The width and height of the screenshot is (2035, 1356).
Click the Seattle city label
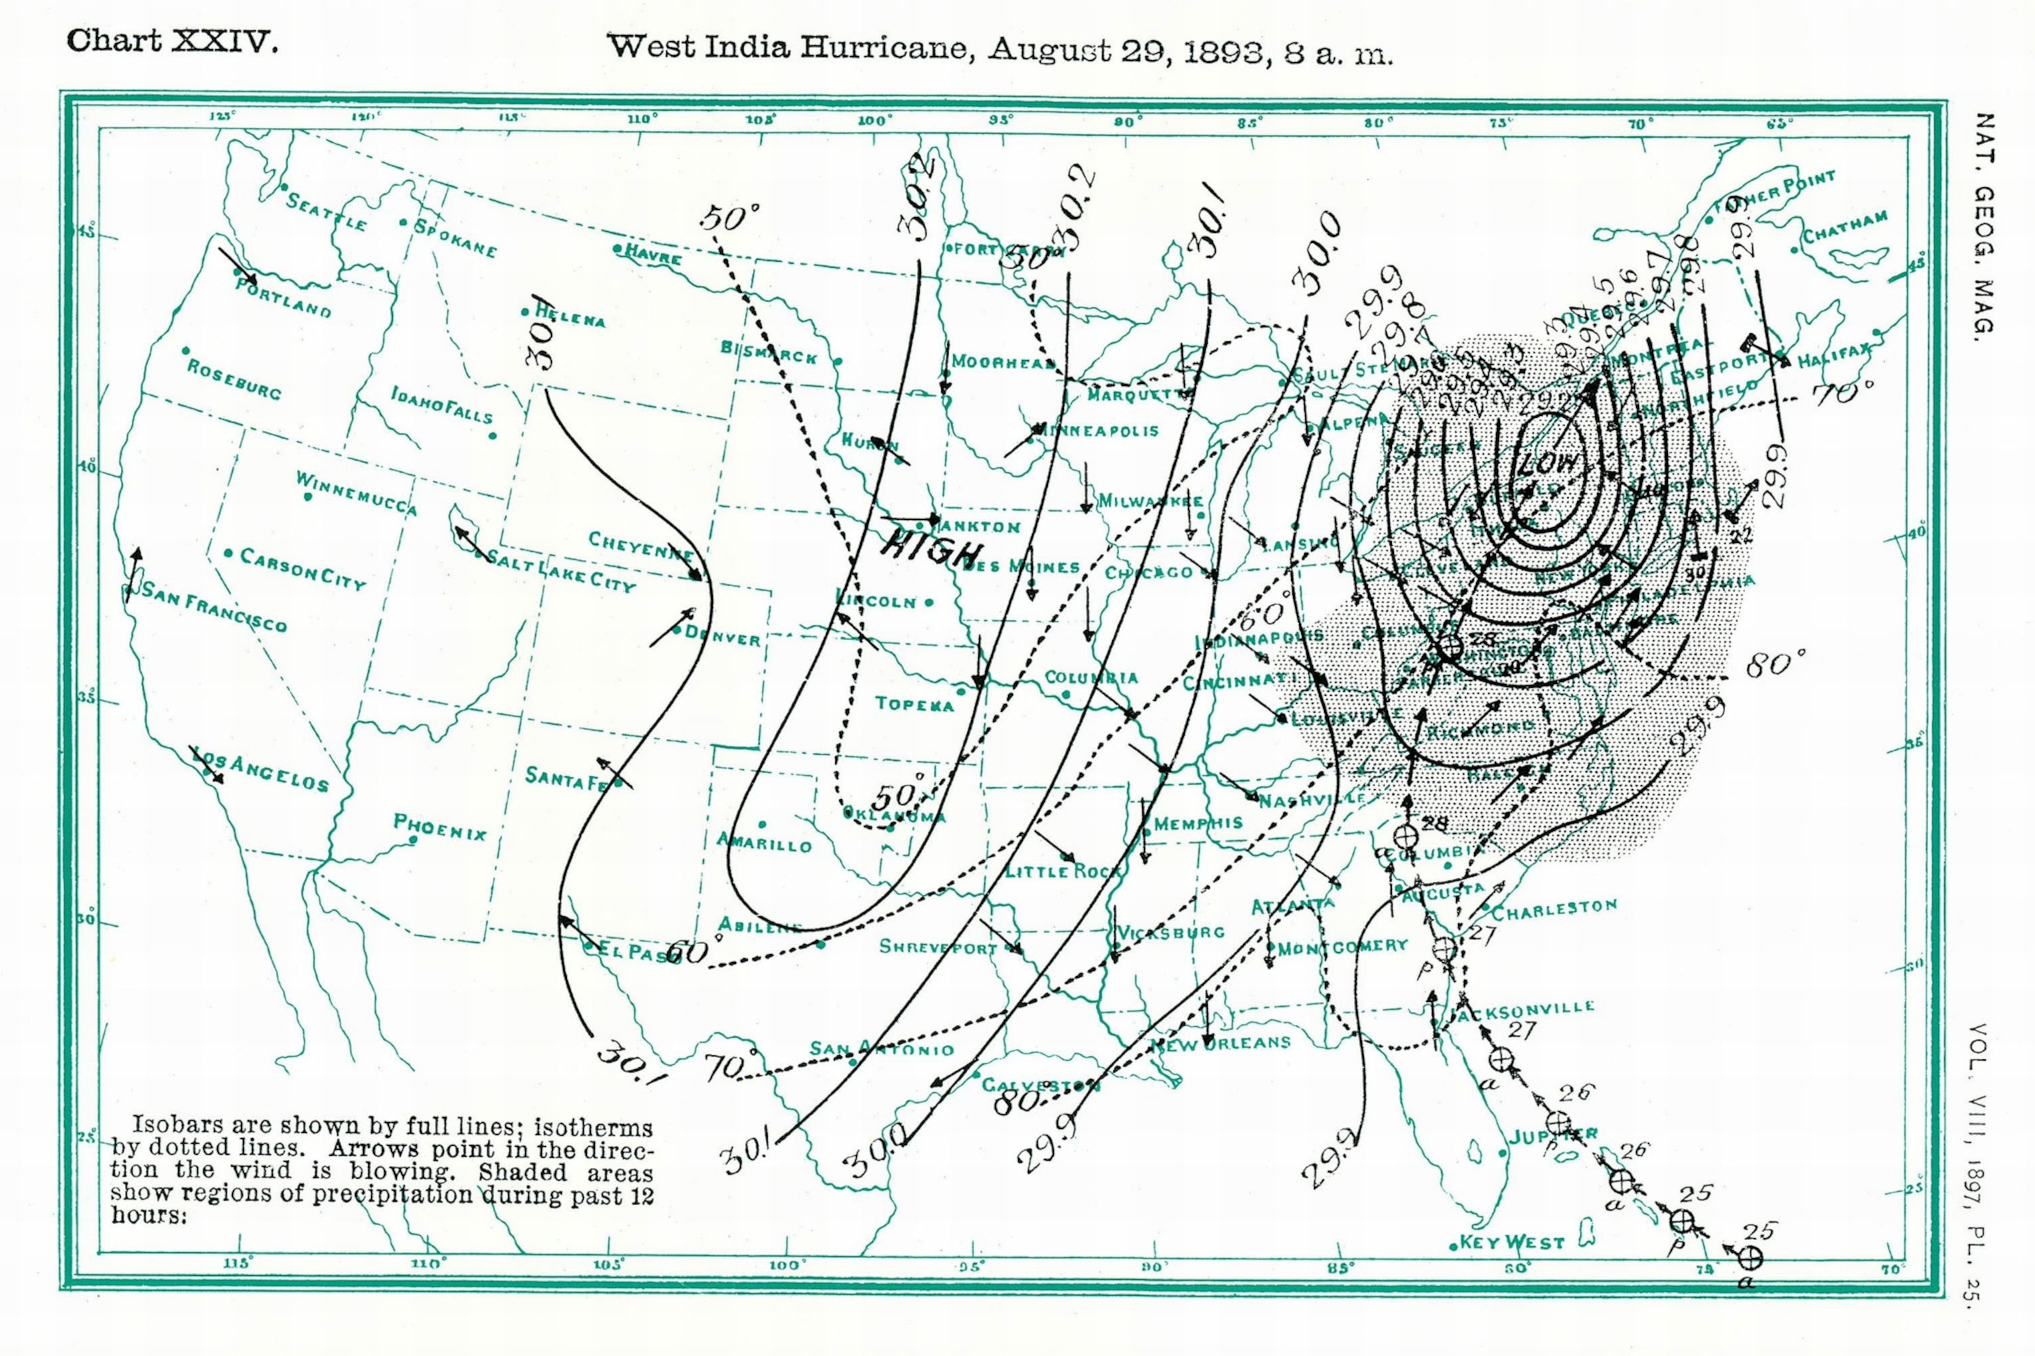326,213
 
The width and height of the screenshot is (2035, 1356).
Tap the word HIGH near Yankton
933,548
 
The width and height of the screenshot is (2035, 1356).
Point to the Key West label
1512,1243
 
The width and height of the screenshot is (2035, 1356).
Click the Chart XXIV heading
172,40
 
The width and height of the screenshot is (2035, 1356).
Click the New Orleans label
1220,1043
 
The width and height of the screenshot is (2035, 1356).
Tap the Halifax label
1834,355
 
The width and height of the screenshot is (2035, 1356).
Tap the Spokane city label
455,238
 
